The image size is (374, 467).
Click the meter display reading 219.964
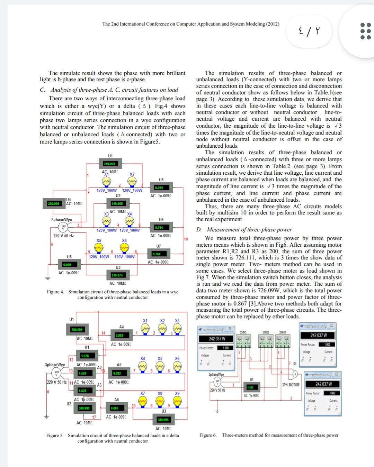[109, 164]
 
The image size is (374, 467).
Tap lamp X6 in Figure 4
[124, 248]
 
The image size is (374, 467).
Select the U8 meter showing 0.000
[67, 265]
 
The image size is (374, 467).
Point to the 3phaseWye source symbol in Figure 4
[63, 227]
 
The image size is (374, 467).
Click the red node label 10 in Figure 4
[186, 239]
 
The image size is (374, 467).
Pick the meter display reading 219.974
[117, 275]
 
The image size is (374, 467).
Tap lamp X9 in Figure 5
[177, 401]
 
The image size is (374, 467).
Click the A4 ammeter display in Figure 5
[119, 335]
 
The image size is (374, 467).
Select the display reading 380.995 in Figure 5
[163, 420]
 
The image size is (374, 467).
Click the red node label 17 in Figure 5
[94, 417]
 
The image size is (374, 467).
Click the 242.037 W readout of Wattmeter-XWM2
[323, 384]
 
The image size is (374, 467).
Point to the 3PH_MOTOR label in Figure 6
[291, 385]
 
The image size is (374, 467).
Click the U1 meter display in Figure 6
[250, 387]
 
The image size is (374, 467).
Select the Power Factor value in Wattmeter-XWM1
[327, 345]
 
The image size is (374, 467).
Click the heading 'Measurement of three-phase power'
[249, 229]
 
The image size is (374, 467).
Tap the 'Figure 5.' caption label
[55, 436]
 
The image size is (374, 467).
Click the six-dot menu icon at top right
[365, 31]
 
